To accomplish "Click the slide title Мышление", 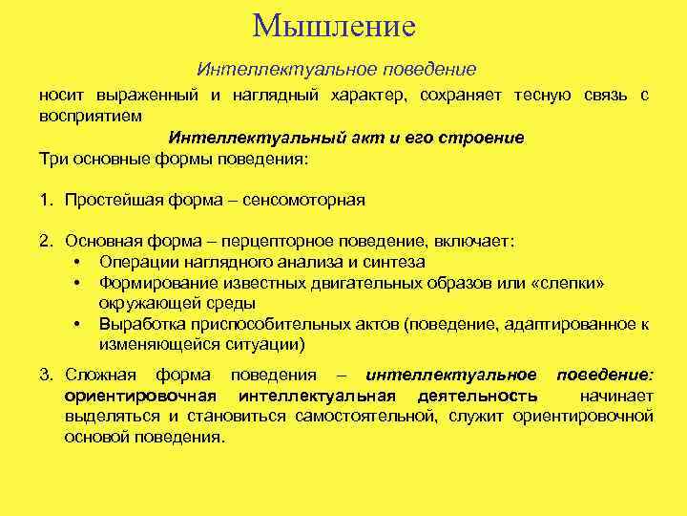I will tap(335, 25).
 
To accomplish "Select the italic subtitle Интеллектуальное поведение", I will tap(336, 71).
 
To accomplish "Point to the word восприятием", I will tap(90, 116).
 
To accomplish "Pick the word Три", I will tap(52, 158).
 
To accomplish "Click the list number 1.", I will tap(45, 200).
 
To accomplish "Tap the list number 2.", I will tap(45, 242).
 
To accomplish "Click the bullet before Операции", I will tap(75, 262).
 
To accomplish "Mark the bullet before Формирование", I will tap(75, 283).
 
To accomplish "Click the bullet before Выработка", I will tap(75, 325).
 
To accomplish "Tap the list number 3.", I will tap(45, 374).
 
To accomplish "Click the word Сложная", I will tap(100, 374).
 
